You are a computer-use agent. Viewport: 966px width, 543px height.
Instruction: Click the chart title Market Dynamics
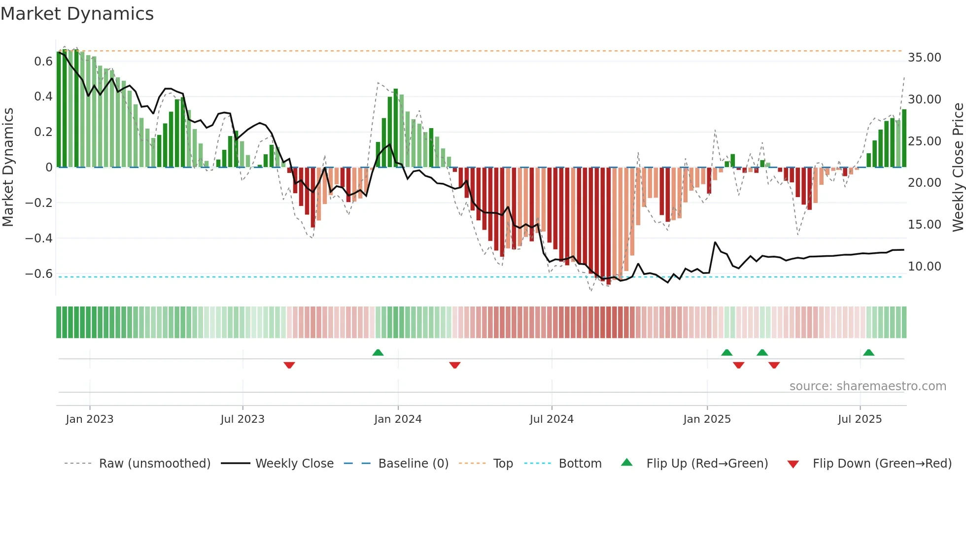click(x=77, y=14)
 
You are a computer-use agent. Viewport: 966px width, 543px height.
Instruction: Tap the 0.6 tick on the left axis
click(x=43, y=62)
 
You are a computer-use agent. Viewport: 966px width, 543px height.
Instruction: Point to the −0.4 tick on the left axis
click(x=38, y=238)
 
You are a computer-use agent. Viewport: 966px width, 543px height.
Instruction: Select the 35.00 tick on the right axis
click(x=924, y=58)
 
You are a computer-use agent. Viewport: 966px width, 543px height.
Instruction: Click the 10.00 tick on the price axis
click(x=924, y=267)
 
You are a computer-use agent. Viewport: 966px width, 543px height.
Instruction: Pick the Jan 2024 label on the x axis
click(x=398, y=419)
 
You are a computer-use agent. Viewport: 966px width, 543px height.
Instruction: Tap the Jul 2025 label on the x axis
click(x=860, y=419)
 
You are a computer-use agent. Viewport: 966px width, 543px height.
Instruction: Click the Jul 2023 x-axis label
click(x=242, y=419)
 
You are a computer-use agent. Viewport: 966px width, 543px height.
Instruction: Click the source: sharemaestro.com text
click(x=867, y=386)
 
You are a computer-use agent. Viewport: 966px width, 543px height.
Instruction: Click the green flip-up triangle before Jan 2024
click(x=378, y=353)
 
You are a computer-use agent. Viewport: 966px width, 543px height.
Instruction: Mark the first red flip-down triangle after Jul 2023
click(x=289, y=365)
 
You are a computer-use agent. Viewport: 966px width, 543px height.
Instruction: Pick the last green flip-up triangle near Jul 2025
click(x=868, y=353)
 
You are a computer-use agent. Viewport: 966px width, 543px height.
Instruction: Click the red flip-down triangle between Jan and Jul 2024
click(x=455, y=365)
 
